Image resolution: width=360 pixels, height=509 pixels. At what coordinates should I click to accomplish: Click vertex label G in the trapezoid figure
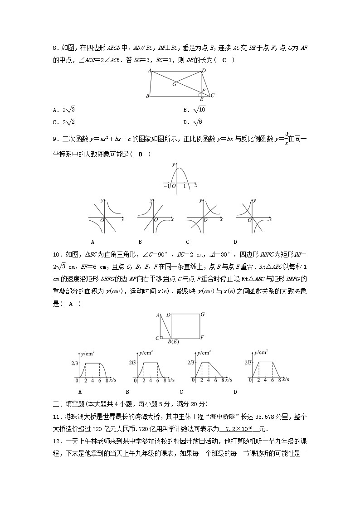tap(174, 84)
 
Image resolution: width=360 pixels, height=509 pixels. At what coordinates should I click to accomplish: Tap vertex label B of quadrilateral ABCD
tap(147, 97)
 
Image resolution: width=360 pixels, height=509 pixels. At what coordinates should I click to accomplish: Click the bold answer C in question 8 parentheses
tap(224, 60)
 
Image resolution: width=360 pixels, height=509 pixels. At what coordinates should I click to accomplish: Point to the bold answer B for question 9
tap(141, 154)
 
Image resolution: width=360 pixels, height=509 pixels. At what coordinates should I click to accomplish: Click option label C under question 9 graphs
tap(187, 242)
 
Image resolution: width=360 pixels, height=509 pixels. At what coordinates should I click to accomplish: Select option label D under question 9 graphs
tap(235, 242)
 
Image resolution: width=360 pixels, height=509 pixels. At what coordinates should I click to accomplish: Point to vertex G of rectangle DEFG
tap(202, 314)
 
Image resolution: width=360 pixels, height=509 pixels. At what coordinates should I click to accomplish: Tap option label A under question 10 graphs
tap(80, 391)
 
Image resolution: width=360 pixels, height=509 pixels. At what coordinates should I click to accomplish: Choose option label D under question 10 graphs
tap(235, 391)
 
